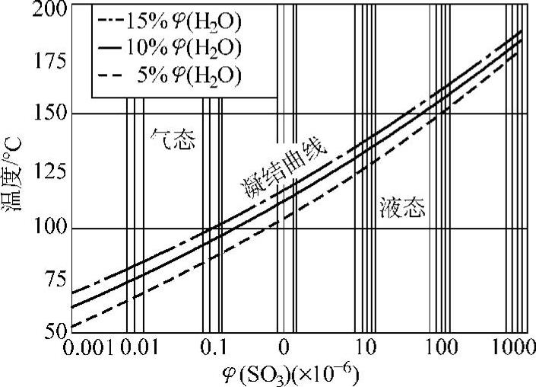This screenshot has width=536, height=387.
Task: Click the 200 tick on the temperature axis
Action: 51,10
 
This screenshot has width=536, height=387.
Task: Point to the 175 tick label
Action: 51,61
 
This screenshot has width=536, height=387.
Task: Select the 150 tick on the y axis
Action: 51,114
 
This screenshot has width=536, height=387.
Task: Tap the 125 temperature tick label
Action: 51,172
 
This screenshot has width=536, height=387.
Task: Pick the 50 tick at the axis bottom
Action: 56,332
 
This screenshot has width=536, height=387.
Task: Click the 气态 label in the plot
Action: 176,140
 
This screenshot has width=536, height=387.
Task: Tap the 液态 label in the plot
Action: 404,207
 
